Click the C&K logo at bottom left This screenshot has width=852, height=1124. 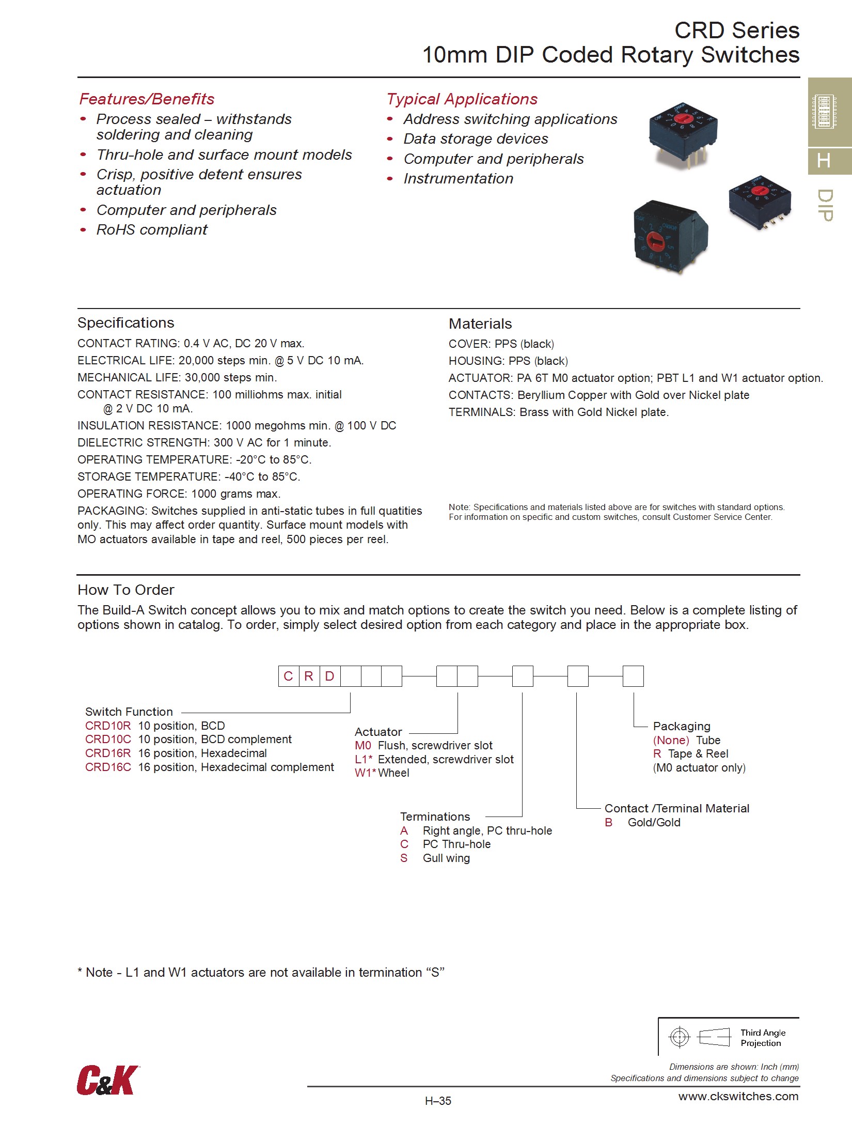(108, 1080)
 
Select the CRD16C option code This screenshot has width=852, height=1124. (108, 767)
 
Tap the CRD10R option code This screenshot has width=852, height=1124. (108, 726)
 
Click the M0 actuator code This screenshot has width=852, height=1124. (363, 745)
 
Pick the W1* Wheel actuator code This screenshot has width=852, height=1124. (365, 773)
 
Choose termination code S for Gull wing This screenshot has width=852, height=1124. (404, 858)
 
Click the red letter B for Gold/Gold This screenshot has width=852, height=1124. (609, 823)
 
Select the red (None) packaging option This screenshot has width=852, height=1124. (671, 740)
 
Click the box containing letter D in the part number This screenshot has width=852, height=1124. (329, 676)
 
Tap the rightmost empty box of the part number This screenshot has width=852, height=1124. (633, 676)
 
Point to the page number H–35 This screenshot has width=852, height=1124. (438, 1101)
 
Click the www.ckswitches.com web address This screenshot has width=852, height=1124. (738, 1097)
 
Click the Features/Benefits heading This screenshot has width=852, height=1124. (147, 99)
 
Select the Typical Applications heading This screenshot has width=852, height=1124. (462, 99)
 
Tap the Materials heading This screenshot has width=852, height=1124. (480, 324)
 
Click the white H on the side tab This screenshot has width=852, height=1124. (824, 161)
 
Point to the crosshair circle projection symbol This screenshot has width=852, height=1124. (679, 1037)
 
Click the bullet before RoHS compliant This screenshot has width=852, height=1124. (83, 230)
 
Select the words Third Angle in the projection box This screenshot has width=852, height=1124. (763, 1033)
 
